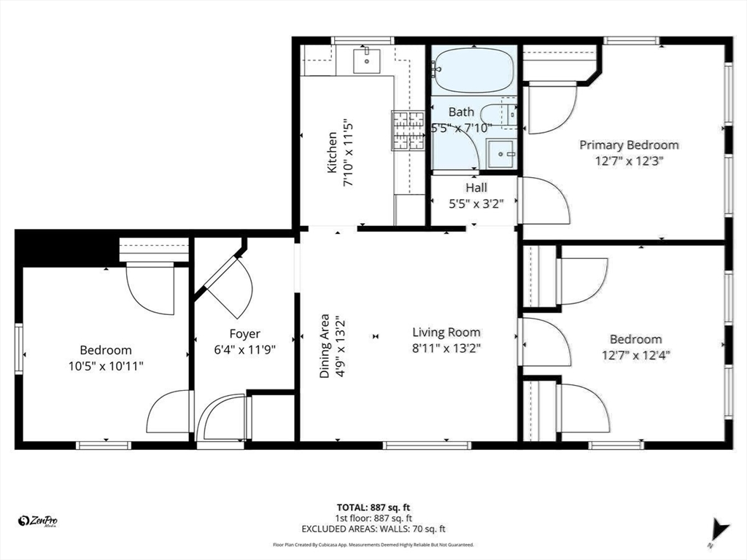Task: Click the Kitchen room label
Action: (x=332, y=153)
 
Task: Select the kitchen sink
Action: (x=366, y=61)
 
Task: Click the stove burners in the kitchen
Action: (x=408, y=131)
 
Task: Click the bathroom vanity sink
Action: (x=500, y=154)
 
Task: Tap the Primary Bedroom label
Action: (x=629, y=145)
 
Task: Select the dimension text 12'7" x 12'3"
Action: (x=629, y=161)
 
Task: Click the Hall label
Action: (x=476, y=187)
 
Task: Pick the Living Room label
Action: (x=446, y=332)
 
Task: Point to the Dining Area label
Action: (x=325, y=346)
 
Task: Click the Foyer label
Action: (x=245, y=334)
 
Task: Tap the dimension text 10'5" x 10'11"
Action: (x=106, y=366)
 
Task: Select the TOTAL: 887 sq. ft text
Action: (x=373, y=507)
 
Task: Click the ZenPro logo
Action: (x=38, y=521)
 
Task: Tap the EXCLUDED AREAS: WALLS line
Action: (x=373, y=529)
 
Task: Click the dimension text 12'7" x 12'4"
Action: (x=636, y=355)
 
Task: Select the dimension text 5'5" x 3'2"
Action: (x=476, y=204)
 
